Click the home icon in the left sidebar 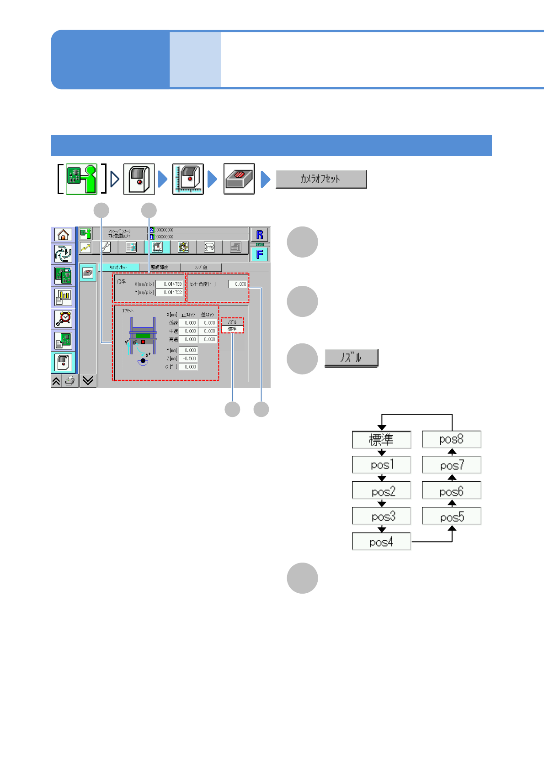[63, 235]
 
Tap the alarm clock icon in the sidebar [63, 318]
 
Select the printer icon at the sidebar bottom [69, 381]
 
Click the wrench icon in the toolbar [106, 248]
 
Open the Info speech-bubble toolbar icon [209, 248]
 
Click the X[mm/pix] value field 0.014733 [169, 284]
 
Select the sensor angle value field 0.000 [238, 284]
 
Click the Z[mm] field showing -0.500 [188, 358]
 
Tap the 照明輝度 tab [160, 267]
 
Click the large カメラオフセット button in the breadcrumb [321, 179]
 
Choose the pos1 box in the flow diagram [381, 465]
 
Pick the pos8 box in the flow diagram [451, 439]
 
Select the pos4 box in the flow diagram [381, 542]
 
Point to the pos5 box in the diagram [451, 516]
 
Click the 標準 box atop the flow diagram [381, 439]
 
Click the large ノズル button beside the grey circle [351, 358]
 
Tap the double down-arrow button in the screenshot [88, 380]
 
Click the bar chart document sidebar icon [63, 297]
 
